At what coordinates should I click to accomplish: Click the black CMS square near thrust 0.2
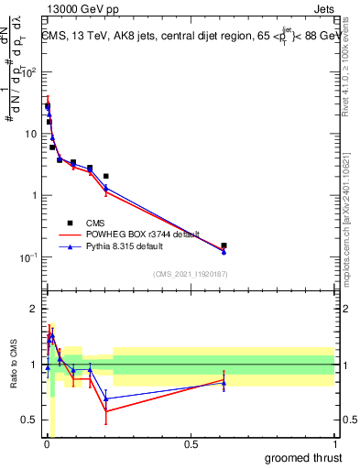106,176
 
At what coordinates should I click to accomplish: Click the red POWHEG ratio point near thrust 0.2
106,411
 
